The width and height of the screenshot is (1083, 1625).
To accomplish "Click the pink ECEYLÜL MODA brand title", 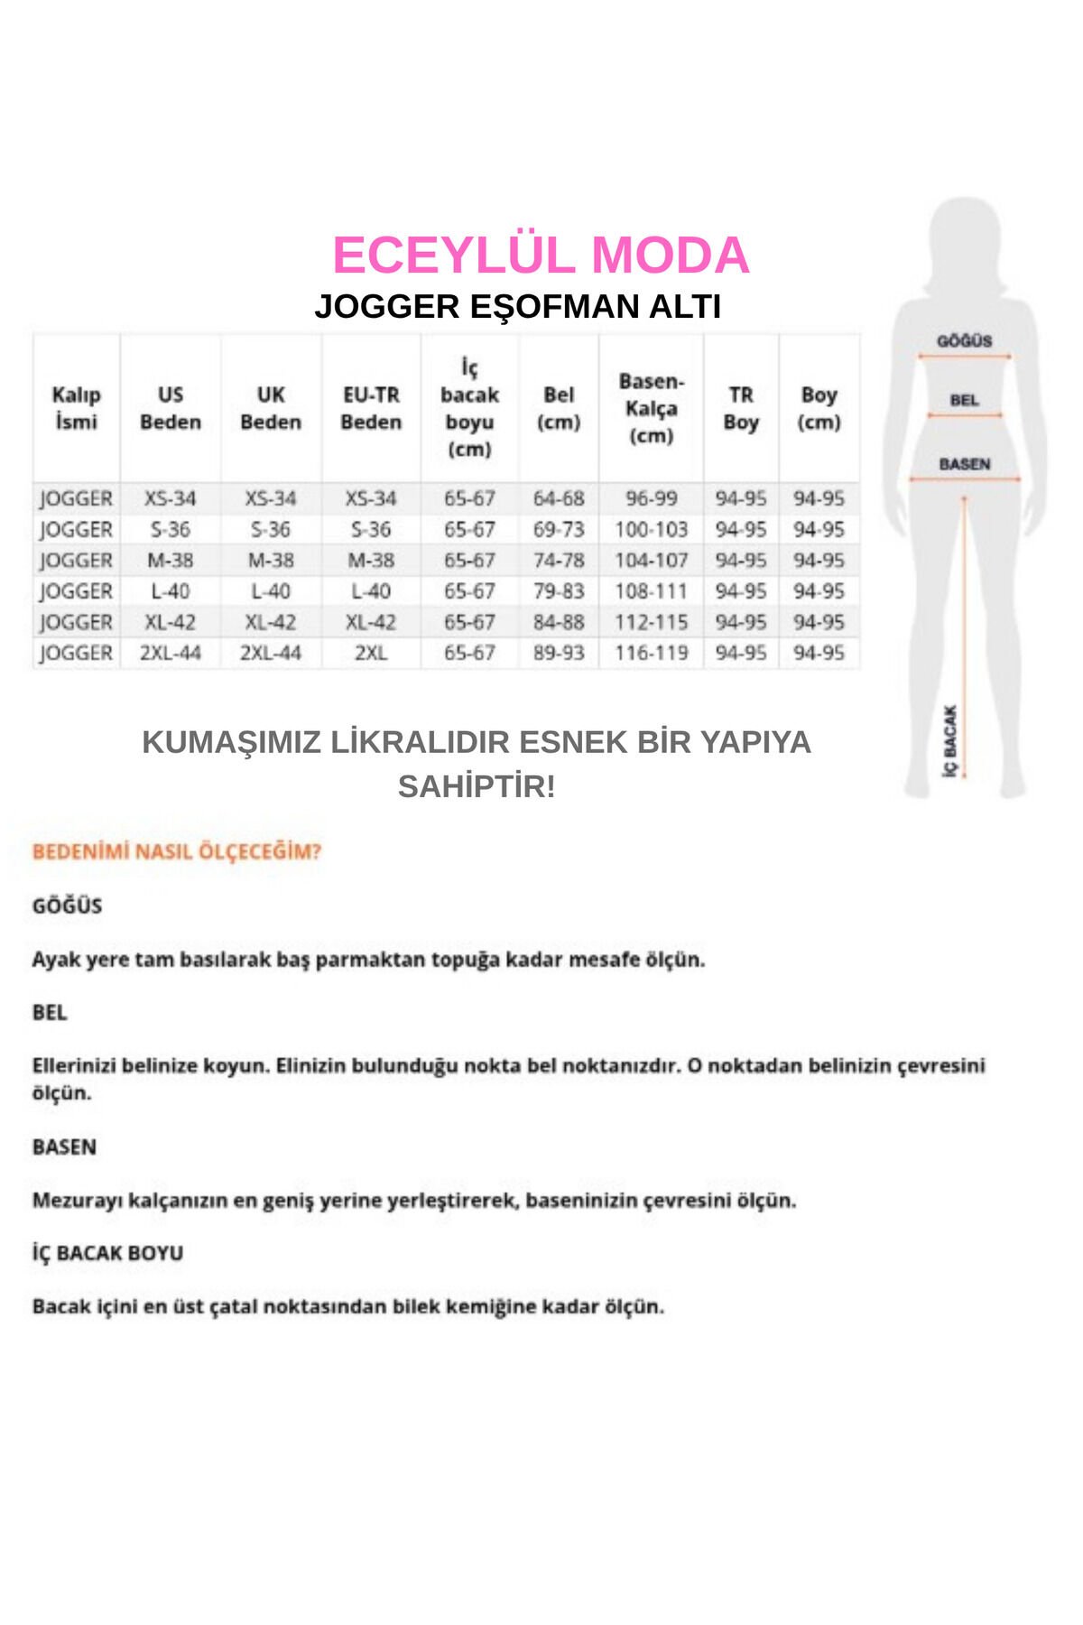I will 541,255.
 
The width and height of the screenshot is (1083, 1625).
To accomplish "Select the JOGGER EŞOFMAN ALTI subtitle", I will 517,307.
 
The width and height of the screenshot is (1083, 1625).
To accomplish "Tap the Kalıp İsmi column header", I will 76,408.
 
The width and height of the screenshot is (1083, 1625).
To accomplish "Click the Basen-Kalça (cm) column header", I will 651,408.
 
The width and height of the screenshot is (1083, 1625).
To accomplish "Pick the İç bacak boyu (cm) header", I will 469,408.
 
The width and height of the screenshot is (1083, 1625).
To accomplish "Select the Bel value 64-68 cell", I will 559,498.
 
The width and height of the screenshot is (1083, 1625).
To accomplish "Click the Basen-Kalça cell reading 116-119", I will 651,653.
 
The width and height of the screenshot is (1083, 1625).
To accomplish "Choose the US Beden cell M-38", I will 171,561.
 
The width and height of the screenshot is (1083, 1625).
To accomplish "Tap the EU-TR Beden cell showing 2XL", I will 371,653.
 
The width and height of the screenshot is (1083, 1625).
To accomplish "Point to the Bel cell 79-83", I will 559,591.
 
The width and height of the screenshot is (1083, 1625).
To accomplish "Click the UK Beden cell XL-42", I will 271,622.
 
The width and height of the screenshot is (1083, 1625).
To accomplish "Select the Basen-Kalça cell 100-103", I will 651,530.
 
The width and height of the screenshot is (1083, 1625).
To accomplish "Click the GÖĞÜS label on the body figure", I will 964,341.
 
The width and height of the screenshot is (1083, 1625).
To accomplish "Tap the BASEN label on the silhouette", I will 964,464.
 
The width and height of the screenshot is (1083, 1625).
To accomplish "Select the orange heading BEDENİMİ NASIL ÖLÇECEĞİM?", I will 176,851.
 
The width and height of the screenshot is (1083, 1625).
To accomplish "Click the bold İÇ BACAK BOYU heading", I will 107,1253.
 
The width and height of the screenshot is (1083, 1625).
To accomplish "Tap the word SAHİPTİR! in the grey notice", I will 477,786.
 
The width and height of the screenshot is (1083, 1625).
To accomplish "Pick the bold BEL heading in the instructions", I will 50,1012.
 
